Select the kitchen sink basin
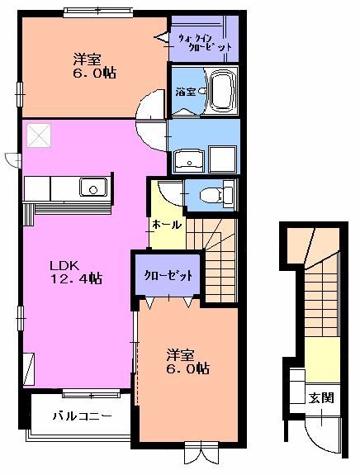click(x=93, y=188)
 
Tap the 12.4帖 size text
click(x=75, y=279)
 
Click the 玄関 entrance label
click(x=321, y=397)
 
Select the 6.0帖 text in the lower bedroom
click(x=185, y=368)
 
